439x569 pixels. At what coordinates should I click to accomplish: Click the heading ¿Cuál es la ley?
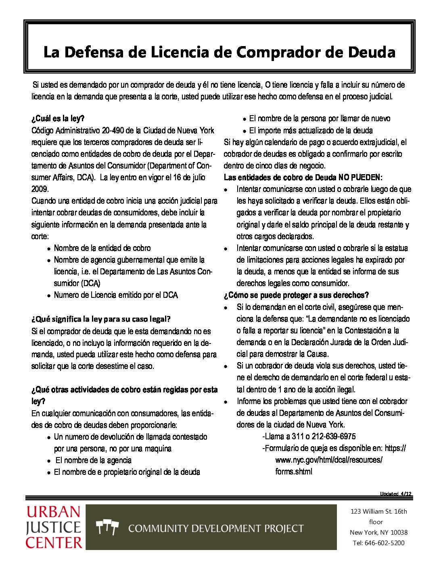point(58,118)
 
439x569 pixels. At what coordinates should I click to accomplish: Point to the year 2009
point(40,189)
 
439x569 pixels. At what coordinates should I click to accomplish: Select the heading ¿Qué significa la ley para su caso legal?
point(101,319)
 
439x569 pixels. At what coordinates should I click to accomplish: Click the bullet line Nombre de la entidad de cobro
point(102,248)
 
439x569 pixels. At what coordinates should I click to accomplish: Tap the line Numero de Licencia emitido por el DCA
point(116,295)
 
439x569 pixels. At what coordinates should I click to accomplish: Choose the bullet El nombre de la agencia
point(93,460)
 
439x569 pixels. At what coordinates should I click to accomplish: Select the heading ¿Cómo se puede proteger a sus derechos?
point(296,295)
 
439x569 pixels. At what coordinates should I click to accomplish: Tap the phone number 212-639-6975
point(333,436)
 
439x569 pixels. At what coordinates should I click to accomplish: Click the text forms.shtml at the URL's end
point(294,472)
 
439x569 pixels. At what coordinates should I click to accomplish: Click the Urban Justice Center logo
point(54,527)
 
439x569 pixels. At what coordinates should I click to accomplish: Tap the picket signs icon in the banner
point(107,527)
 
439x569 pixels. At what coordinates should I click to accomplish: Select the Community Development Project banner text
point(216,528)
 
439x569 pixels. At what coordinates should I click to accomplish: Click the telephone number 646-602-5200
point(384,543)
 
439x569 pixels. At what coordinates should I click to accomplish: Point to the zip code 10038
point(399,532)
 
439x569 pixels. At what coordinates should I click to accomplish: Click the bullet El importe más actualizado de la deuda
point(311,131)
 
